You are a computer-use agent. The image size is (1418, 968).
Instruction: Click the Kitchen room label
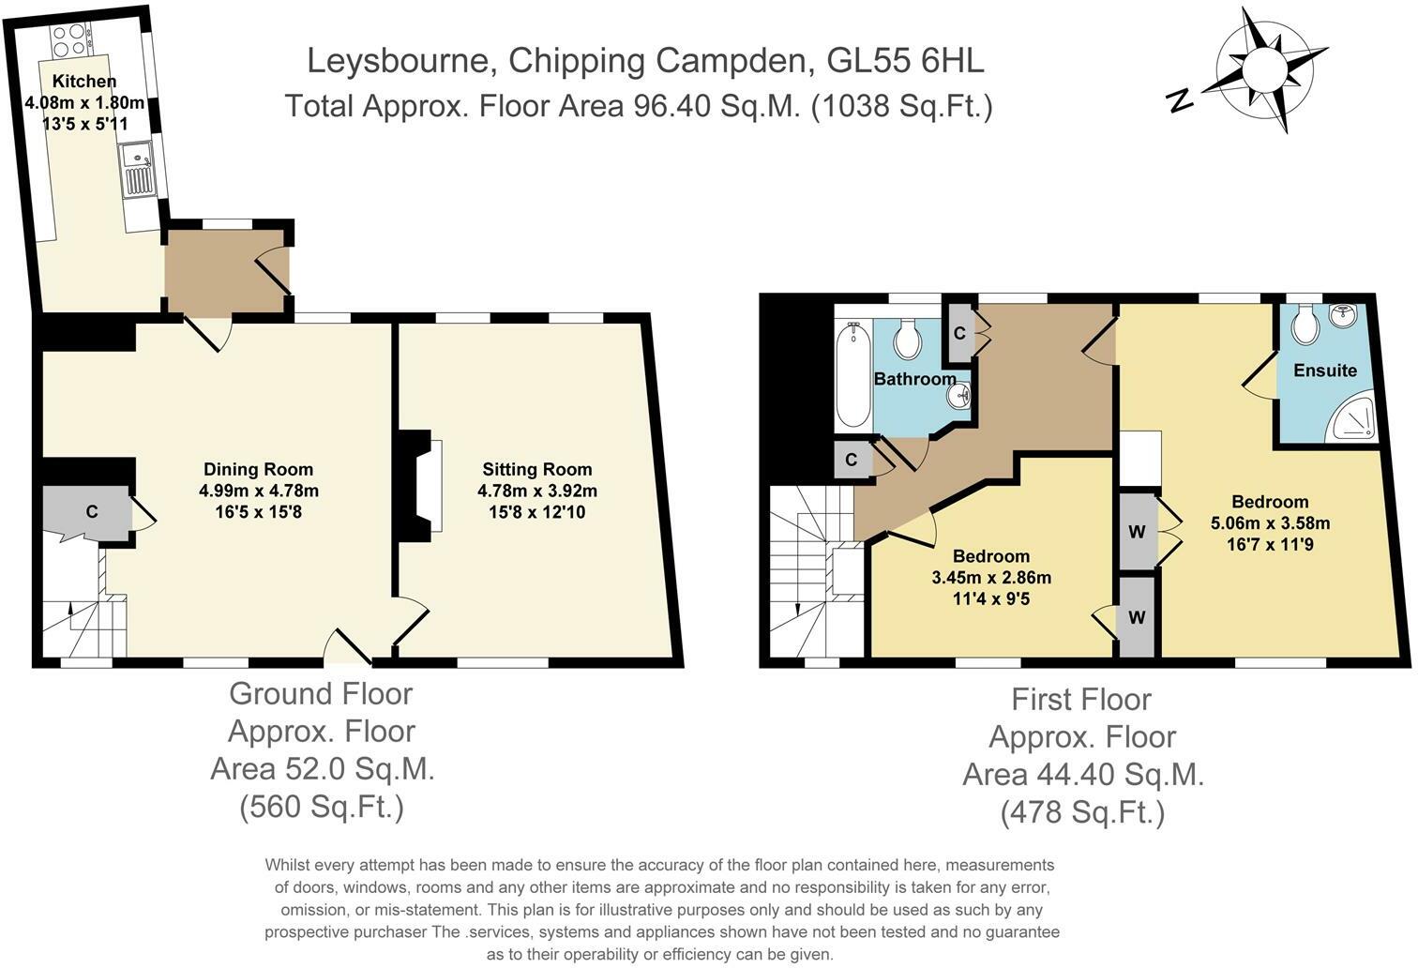[x=84, y=81]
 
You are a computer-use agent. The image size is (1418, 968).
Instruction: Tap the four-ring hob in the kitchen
[x=68, y=39]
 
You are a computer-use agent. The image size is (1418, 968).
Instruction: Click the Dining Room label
[x=258, y=469]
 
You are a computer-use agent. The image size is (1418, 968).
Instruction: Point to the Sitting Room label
[x=536, y=469]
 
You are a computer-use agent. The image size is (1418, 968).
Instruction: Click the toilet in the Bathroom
[x=907, y=339]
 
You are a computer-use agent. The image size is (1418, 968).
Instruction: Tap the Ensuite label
[x=1325, y=371]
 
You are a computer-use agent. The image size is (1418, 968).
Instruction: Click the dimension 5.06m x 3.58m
[x=1270, y=523]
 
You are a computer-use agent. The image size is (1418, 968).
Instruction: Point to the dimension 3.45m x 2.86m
[x=991, y=578]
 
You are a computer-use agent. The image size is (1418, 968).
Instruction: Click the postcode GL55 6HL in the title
[x=905, y=61]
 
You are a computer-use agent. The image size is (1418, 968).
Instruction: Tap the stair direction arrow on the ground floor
[x=70, y=608]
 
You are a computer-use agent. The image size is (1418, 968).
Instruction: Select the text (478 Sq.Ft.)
[x=1082, y=812]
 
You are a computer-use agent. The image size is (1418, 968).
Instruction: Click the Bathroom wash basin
[x=958, y=397]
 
